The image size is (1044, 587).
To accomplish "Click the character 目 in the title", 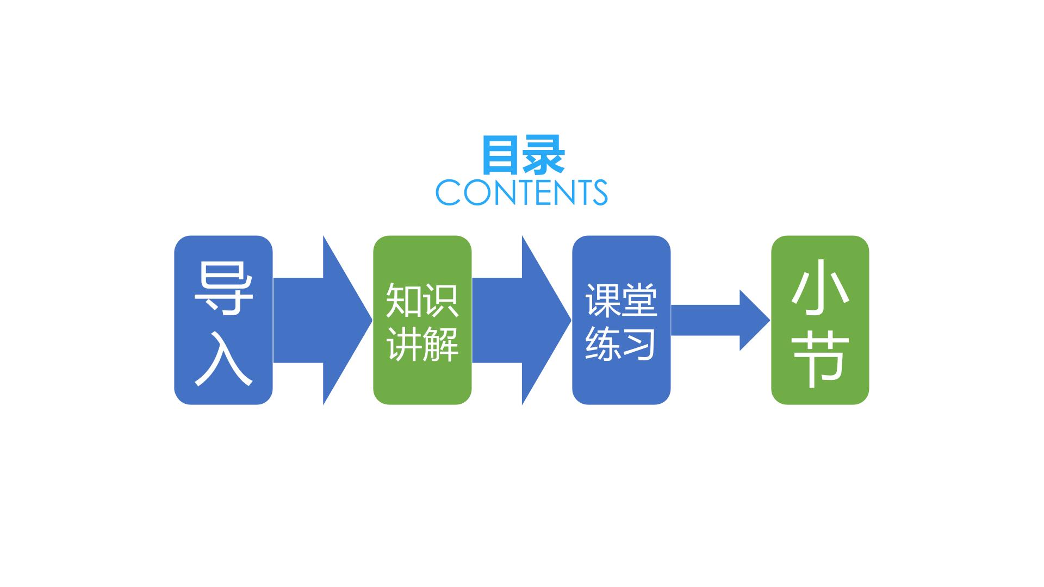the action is point(500,155).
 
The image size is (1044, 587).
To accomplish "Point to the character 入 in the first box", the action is point(223,359).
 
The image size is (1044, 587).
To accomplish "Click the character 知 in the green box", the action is point(404,300).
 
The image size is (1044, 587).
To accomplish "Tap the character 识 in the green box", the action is point(441,300).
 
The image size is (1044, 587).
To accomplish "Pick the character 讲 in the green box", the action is point(404,344).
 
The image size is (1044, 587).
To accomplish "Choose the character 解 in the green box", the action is point(441,344).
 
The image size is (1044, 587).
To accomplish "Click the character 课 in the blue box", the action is point(603,300).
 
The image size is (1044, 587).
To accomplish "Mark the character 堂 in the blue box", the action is point(640,300).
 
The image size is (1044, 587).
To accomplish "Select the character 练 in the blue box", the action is point(603,344).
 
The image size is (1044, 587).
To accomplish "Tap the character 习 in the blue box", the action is point(640,344).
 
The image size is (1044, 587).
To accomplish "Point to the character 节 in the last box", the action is point(819,359).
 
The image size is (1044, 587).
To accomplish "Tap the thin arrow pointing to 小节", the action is point(720,320).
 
